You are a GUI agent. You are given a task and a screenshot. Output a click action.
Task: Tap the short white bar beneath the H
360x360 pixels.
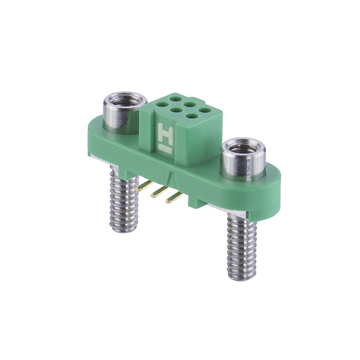(x=165, y=150)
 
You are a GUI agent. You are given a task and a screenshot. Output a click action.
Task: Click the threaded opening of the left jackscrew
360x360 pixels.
(x=119, y=103)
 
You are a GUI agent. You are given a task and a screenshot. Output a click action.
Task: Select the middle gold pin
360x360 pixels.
(x=160, y=193)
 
